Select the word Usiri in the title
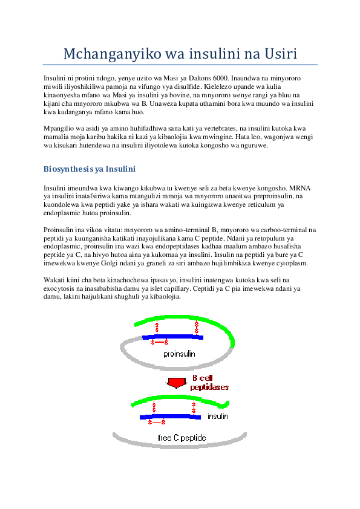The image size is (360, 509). click(280, 55)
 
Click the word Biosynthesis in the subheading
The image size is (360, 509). click(67, 169)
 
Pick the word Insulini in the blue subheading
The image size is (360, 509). click(121, 169)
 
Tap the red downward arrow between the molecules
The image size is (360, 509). click(176, 382)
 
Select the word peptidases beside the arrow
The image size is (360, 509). click(209, 387)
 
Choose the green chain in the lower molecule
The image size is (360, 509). click(182, 397)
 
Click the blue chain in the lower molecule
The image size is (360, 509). click(170, 417)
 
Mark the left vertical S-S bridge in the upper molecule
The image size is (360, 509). click(157, 328)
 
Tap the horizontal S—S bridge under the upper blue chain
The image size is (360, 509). click(159, 342)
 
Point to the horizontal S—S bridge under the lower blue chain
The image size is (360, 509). click(156, 422)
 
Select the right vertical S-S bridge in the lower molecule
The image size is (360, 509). click(194, 407)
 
